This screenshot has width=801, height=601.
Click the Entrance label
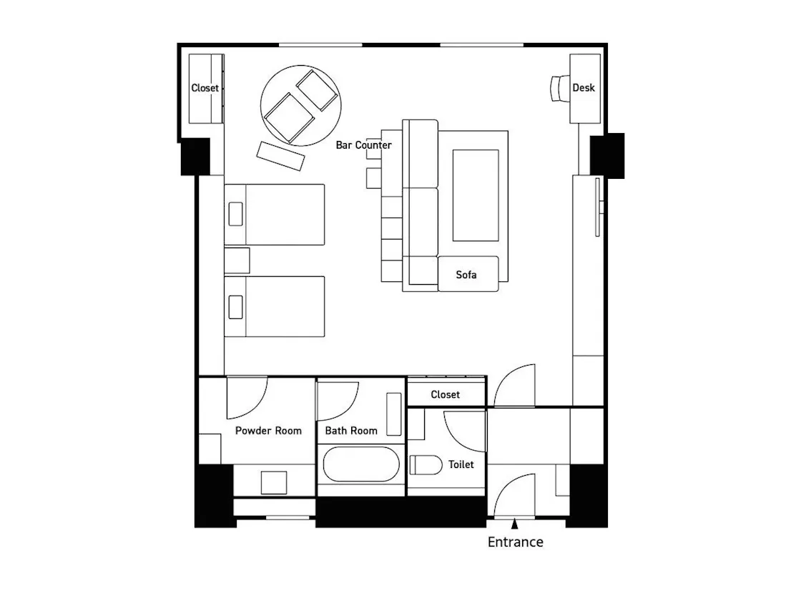[515, 542]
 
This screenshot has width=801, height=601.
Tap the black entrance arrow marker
[514, 523]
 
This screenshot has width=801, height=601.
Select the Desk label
[584, 88]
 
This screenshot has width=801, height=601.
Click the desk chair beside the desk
[560, 89]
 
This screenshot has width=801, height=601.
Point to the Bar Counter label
[364, 145]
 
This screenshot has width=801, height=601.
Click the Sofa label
[466, 275]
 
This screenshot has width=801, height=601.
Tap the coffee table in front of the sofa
[476, 195]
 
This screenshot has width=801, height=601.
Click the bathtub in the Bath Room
[361, 464]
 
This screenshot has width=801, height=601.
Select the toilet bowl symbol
[426, 464]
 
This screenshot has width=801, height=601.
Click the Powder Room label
[268, 431]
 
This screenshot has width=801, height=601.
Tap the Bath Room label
[351, 431]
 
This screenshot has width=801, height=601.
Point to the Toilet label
[461, 464]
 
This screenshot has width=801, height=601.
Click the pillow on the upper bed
[235, 214]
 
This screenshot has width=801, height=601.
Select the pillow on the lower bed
[235, 307]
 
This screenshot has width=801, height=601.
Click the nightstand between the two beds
[237, 260]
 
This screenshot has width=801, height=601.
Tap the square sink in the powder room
[274, 482]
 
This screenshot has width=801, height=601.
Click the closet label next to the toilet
[445, 394]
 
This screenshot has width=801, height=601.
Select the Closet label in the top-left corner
[205, 88]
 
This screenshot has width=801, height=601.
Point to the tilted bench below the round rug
[280, 156]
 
